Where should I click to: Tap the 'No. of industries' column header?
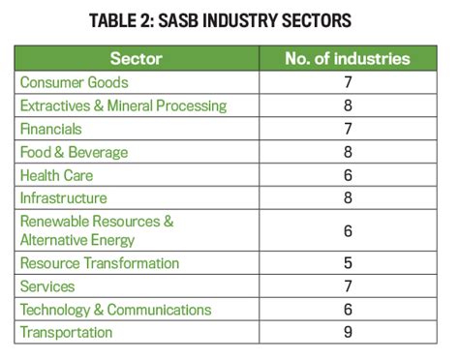point(348,59)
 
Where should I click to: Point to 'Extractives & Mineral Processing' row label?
point(123,105)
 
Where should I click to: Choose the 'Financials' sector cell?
point(50,129)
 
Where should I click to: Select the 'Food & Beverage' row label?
point(74,152)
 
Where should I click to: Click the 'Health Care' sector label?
point(57,175)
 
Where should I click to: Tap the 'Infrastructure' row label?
point(64,198)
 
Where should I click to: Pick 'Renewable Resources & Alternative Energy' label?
point(97,230)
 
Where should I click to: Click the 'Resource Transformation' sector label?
point(100,263)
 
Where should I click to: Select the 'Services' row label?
point(47,286)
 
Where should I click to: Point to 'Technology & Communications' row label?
point(115,310)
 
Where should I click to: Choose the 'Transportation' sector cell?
point(66,333)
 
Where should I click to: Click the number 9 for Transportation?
point(348,333)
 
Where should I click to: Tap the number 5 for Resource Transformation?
point(348,263)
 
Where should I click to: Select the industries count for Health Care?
point(348,175)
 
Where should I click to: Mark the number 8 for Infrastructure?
point(348,198)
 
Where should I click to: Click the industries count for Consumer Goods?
point(348,83)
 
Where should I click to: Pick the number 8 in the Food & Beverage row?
point(348,152)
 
